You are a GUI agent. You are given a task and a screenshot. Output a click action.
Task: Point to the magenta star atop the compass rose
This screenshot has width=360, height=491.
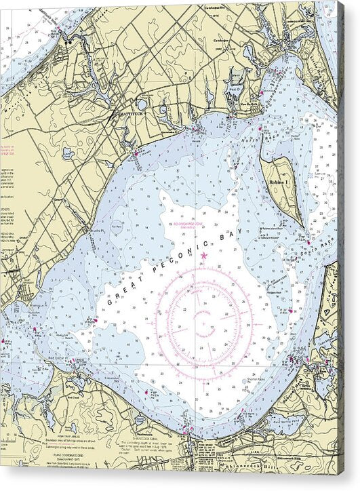[x=203, y=255]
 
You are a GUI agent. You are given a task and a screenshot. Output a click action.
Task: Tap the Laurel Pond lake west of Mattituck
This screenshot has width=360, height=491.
[x=141, y=104]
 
